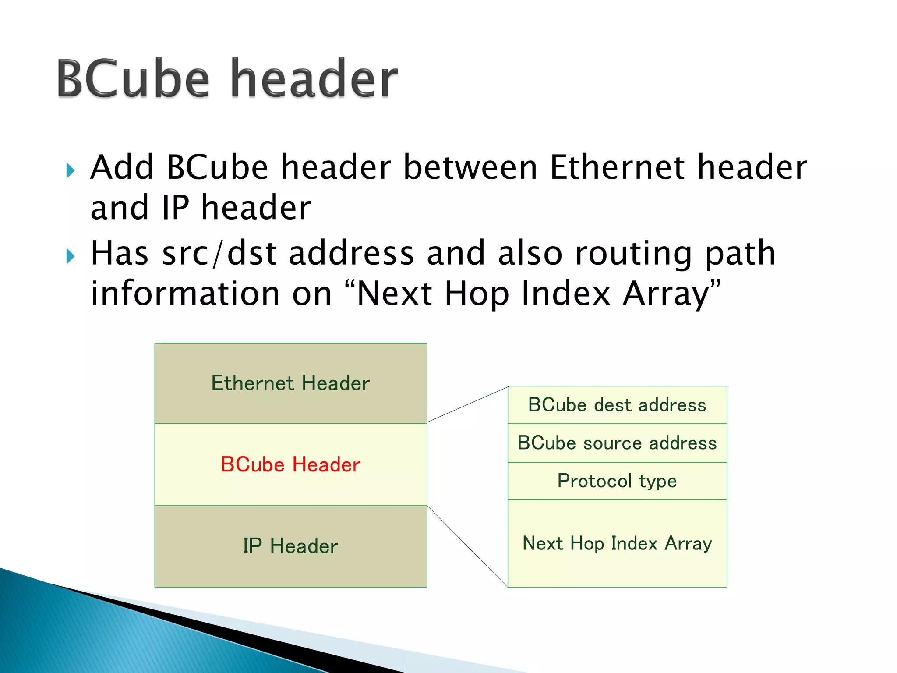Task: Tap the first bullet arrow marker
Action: click(x=71, y=170)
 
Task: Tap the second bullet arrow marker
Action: click(x=71, y=256)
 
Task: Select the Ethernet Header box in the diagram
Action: click(x=290, y=383)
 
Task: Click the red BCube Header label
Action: click(x=290, y=464)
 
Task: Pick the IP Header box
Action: click(x=290, y=546)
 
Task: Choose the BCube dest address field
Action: click(x=617, y=405)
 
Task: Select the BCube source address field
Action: click(x=617, y=443)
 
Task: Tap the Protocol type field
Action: click(x=617, y=481)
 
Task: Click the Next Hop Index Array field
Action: click(x=617, y=543)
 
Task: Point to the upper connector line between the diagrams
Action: click(x=467, y=404)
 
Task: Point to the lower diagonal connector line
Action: click(x=467, y=546)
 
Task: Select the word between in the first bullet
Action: click(x=470, y=168)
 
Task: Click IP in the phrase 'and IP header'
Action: click(x=175, y=208)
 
